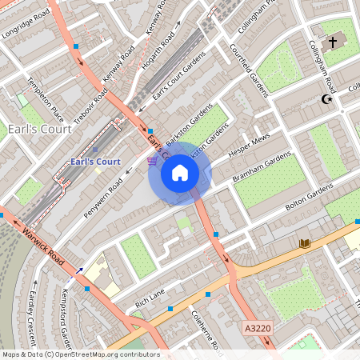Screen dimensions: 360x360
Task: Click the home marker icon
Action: click(x=179, y=173)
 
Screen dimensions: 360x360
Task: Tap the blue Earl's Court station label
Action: click(x=95, y=162)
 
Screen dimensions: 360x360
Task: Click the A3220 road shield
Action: click(x=258, y=328)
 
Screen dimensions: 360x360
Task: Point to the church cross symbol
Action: click(x=333, y=40)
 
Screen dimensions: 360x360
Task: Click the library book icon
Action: click(x=304, y=243)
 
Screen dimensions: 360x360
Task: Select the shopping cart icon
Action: click(x=152, y=162)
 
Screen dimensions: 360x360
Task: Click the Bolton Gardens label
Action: click(x=309, y=197)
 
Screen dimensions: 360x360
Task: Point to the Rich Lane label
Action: click(x=150, y=298)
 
